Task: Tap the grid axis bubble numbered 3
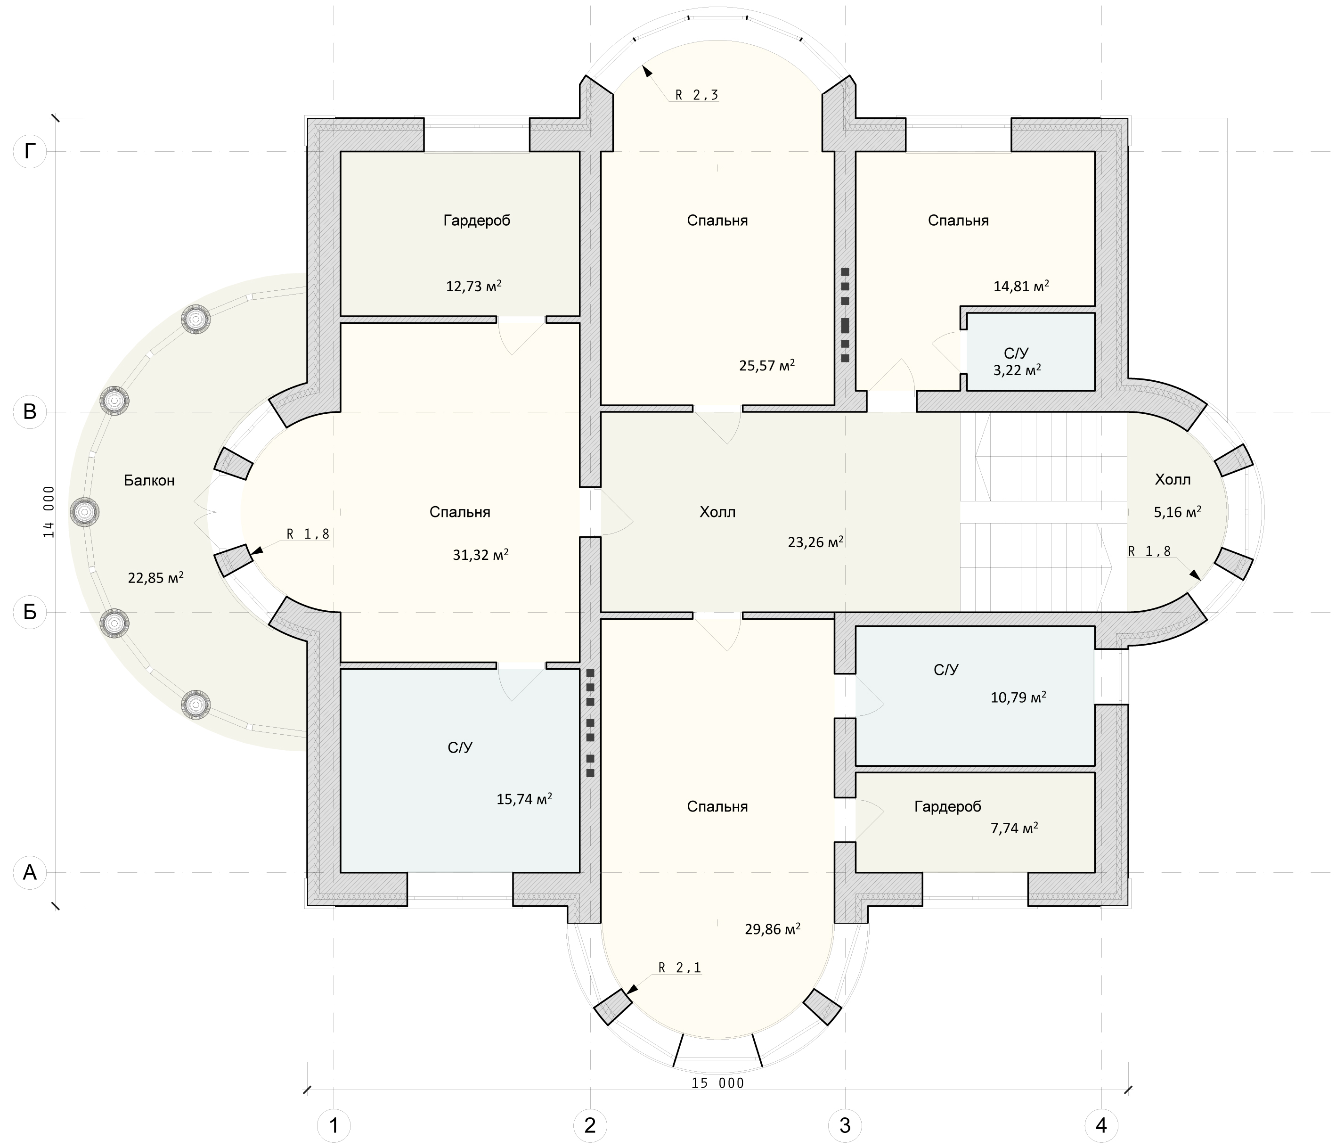(x=845, y=1125)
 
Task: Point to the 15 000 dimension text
(x=717, y=1083)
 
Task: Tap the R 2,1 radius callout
(x=680, y=968)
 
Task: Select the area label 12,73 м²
(x=474, y=286)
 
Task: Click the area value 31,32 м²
(x=481, y=555)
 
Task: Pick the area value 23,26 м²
(x=815, y=542)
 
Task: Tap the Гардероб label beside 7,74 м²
(x=948, y=806)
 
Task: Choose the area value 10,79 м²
(x=1018, y=697)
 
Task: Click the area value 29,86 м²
(x=773, y=929)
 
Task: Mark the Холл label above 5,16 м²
(x=1172, y=480)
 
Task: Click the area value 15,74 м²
(x=524, y=799)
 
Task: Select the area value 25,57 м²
(x=766, y=366)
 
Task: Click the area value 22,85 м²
(x=155, y=578)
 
